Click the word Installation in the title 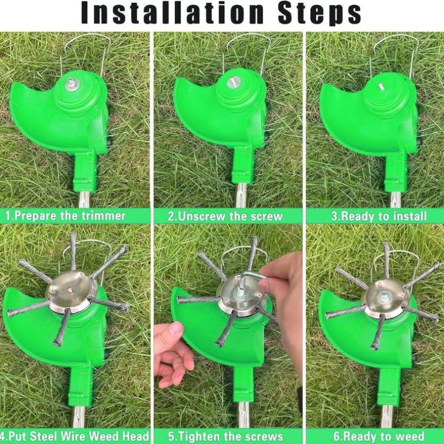(172, 13)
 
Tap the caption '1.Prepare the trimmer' (65, 216)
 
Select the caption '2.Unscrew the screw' (225, 216)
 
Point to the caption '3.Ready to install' (379, 216)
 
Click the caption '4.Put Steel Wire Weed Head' (74, 436)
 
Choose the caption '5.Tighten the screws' (226, 436)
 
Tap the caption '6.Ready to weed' (379, 436)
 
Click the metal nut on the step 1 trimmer (72, 84)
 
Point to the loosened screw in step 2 (234, 82)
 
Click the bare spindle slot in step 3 (381, 87)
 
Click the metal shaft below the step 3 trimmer (396, 199)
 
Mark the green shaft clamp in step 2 (243, 165)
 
